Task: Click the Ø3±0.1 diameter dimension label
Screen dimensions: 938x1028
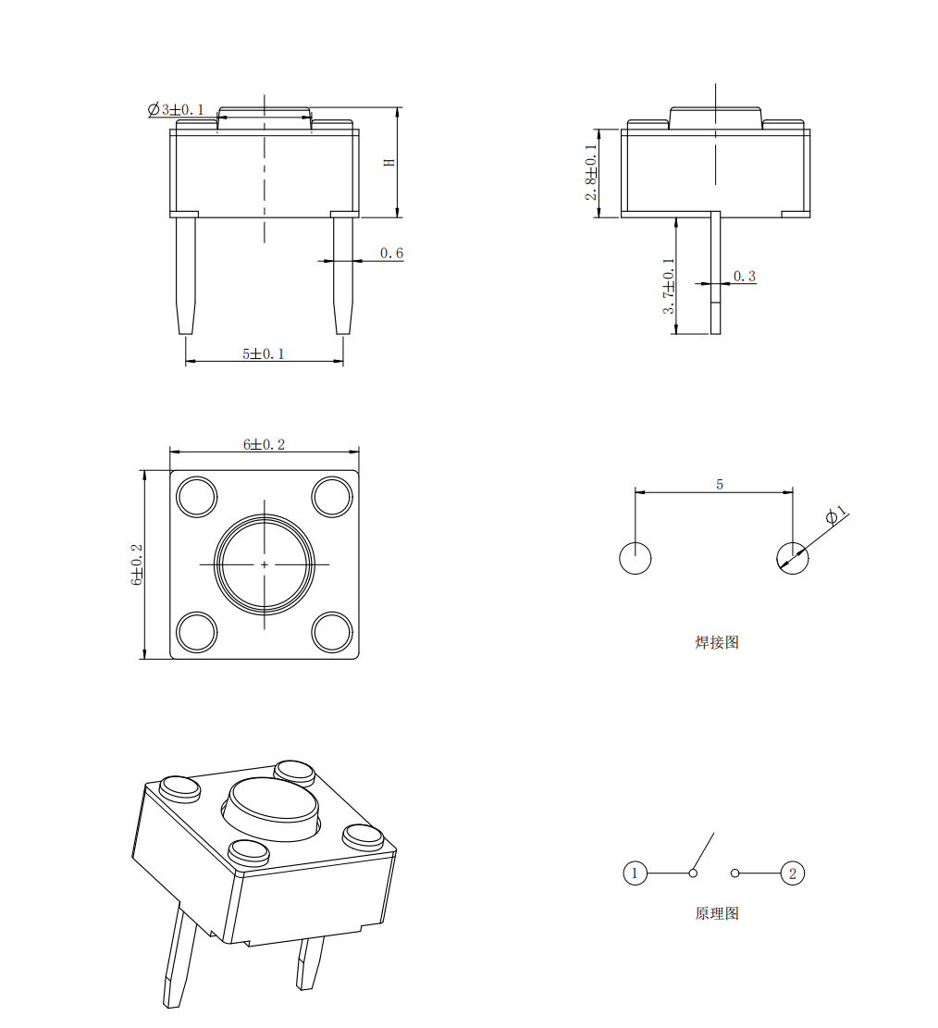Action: [x=176, y=109]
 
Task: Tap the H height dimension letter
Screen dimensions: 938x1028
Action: [x=389, y=162]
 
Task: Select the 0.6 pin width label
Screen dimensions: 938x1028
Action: [x=391, y=253]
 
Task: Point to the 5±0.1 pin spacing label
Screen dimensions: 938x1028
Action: [x=264, y=354]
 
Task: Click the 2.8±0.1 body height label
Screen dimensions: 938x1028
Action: [x=591, y=172]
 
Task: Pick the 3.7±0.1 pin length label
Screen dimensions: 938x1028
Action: [x=668, y=286]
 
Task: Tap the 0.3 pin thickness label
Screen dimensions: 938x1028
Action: [x=744, y=277]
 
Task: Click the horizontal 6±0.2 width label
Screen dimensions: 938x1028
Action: [x=265, y=444]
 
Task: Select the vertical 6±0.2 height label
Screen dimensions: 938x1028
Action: [x=137, y=564]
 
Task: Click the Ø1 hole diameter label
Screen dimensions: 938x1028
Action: [x=835, y=514]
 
